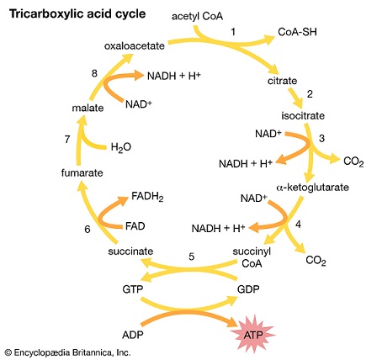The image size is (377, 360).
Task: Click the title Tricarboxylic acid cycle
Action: pyautogui.click(x=77, y=14)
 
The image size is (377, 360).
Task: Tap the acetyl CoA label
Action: pyautogui.click(x=197, y=17)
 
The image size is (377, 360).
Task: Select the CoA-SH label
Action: pyautogui.click(x=297, y=32)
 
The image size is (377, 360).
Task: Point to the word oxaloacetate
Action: pyautogui.click(x=135, y=46)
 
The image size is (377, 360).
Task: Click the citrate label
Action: pyautogui.click(x=282, y=81)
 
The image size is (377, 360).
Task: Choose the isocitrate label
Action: pyautogui.click(x=303, y=115)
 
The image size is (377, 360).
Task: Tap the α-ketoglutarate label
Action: pyautogui.click(x=312, y=187)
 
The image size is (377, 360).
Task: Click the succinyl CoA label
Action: pyautogui.click(x=252, y=257)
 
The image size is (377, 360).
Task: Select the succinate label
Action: pyautogui.click(x=130, y=251)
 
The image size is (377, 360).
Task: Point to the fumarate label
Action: pyautogui.click(x=82, y=172)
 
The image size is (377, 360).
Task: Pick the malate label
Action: pyautogui.click(x=88, y=108)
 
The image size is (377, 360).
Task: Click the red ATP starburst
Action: pyautogui.click(x=253, y=335)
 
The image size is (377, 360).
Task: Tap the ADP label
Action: pyautogui.click(x=133, y=335)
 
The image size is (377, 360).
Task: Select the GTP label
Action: pyautogui.click(x=133, y=289)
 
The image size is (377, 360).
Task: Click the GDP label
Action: pyautogui.click(x=248, y=289)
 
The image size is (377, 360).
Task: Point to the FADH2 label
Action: pyautogui.click(x=147, y=197)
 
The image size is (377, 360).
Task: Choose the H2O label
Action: pyautogui.click(x=121, y=147)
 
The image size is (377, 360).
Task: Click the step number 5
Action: pyautogui.click(x=192, y=257)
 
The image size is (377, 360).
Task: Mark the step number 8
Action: pyautogui.click(x=94, y=73)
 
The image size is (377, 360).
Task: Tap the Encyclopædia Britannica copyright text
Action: pyautogui.click(x=68, y=352)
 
